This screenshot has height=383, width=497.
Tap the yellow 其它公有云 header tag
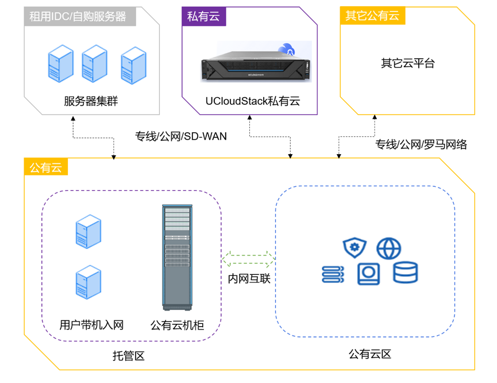click(x=372, y=16)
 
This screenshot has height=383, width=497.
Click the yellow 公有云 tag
click(x=45, y=167)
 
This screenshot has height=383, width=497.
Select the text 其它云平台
click(x=407, y=63)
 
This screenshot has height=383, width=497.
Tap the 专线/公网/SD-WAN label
click(x=181, y=136)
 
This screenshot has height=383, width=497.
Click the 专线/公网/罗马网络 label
click(x=421, y=144)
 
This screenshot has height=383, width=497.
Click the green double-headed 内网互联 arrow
click(x=248, y=256)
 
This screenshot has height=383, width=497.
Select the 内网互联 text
click(x=249, y=279)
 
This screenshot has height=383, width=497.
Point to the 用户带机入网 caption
click(x=92, y=325)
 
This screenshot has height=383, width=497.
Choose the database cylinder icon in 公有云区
click(x=405, y=273)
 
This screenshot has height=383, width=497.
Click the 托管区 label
click(x=128, y=356)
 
